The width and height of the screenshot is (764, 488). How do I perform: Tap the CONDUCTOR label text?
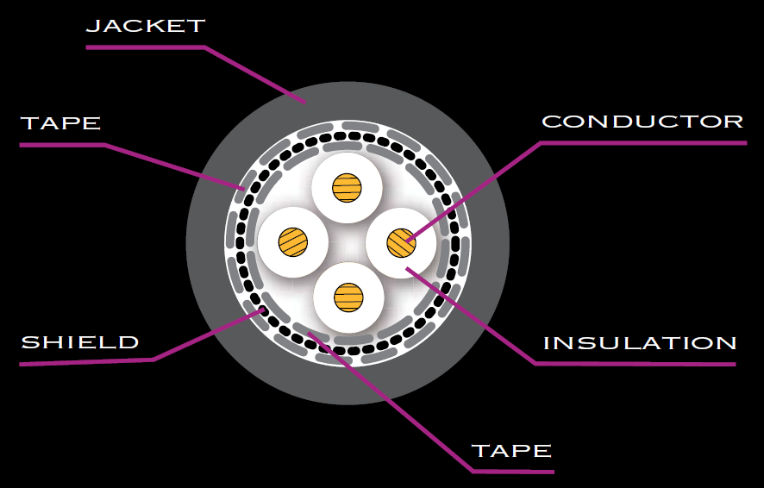(x=642, y=122)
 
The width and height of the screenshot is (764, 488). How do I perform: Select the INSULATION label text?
(x=640, y=343)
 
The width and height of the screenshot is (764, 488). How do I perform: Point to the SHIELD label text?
(x=79, y=342)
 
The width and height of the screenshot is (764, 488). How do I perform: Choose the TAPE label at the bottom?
(x=511, y=451)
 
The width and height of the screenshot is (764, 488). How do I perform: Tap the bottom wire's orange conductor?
(x=348, y=297)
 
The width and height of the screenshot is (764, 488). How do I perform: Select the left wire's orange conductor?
(x=293, y=241)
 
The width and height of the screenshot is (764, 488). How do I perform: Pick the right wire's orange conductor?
(x=401, y=242)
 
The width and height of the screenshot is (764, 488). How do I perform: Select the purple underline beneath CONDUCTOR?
(x=642, y=143)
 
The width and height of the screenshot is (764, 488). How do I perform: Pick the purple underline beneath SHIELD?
(x=86, y=363)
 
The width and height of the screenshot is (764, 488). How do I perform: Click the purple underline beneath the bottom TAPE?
(x=513, y=472)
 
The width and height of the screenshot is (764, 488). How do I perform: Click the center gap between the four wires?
(x=348, y=242)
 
